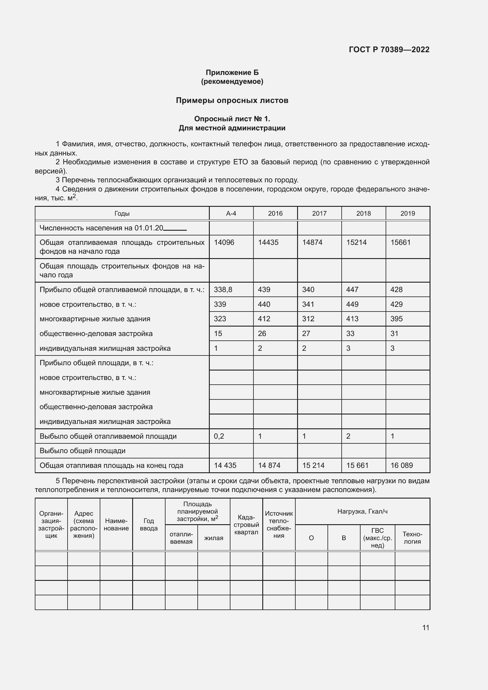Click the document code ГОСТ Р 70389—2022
coord(389,50)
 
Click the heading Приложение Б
coord(232,73)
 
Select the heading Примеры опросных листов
coord(232,100)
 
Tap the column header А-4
coord(231,213)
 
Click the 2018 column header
coord(363,213)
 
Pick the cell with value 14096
coord(224,242)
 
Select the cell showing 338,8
coord(223,289)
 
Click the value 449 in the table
coord(352,304)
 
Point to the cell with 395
coord(396,319)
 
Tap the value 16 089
coord(402,465)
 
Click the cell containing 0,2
coord(219,436)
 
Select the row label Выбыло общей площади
coord(83,450)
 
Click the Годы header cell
coord(122,213)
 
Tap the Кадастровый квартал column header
coord(246,525)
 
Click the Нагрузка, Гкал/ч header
coord(362,512)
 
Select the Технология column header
coord(412,538)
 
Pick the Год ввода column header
coord(148,525)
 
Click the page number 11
coord(425,627)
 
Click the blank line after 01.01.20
coord(175,229)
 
